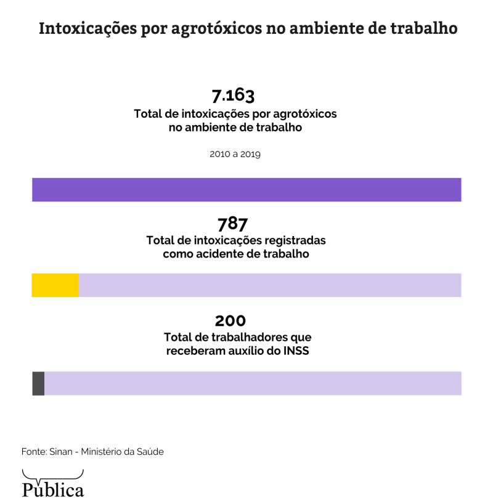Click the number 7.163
click(233, 96)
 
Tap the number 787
click(232, 223)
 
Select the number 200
click(230, 321)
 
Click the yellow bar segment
click(55, 285)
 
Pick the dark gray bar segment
click(38, 383)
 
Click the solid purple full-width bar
click(246, 190)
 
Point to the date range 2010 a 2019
click(235, 154)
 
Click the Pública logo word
click(53, 489)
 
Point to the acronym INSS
click(295, 352)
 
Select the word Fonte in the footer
click(33, 452)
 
